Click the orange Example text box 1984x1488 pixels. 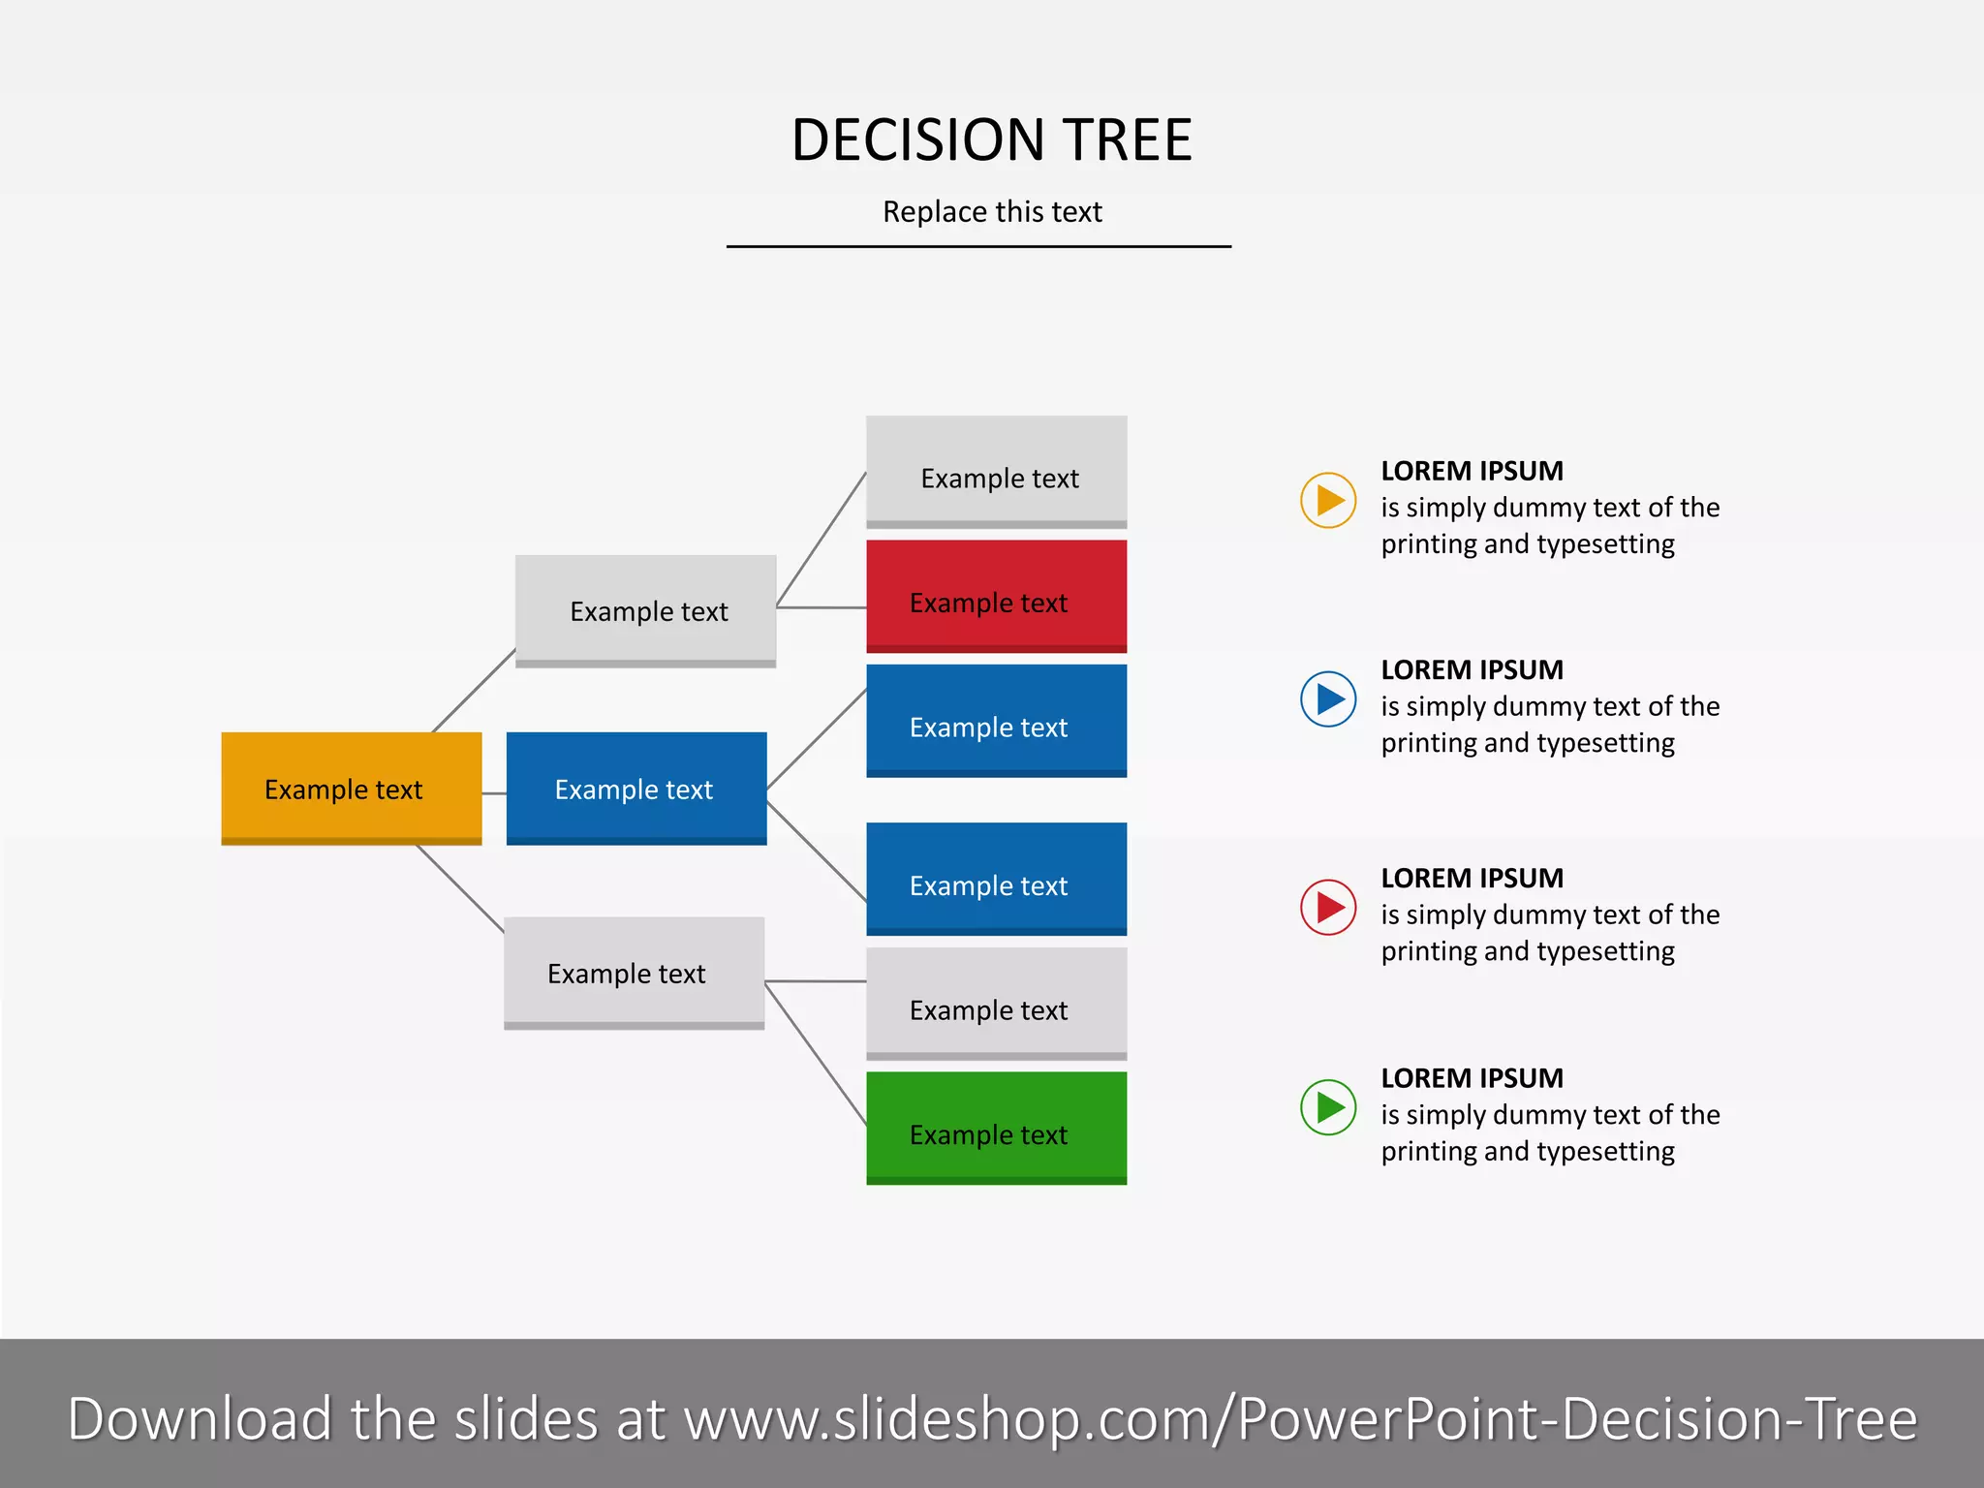coord(351,788)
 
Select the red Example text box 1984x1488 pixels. coord(996,595)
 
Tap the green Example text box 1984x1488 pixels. coord(996,1127)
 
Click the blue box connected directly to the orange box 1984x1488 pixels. coord(635,788)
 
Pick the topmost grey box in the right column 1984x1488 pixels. coord(996,472)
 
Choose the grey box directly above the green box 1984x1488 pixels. coord(996,1003)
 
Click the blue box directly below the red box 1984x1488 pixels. coord(996,720)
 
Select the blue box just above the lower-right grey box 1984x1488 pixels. coord(996,878)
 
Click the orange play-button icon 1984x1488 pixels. coord(1327,500)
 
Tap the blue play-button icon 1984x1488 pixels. coord(1327,698)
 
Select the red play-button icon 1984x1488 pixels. coord(1327,907)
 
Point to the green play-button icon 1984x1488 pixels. coord(1327,1106)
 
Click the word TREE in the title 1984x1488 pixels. coord(1127,140)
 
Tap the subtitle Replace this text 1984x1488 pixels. coord(992,211)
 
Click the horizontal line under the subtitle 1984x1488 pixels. coord(978,247)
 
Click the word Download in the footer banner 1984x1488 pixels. coord(200,1419)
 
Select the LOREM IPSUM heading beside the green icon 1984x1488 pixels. coord(1472,1077)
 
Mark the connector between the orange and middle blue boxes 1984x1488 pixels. coord(494,793)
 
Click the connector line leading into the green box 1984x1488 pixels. coord(816,1053)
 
